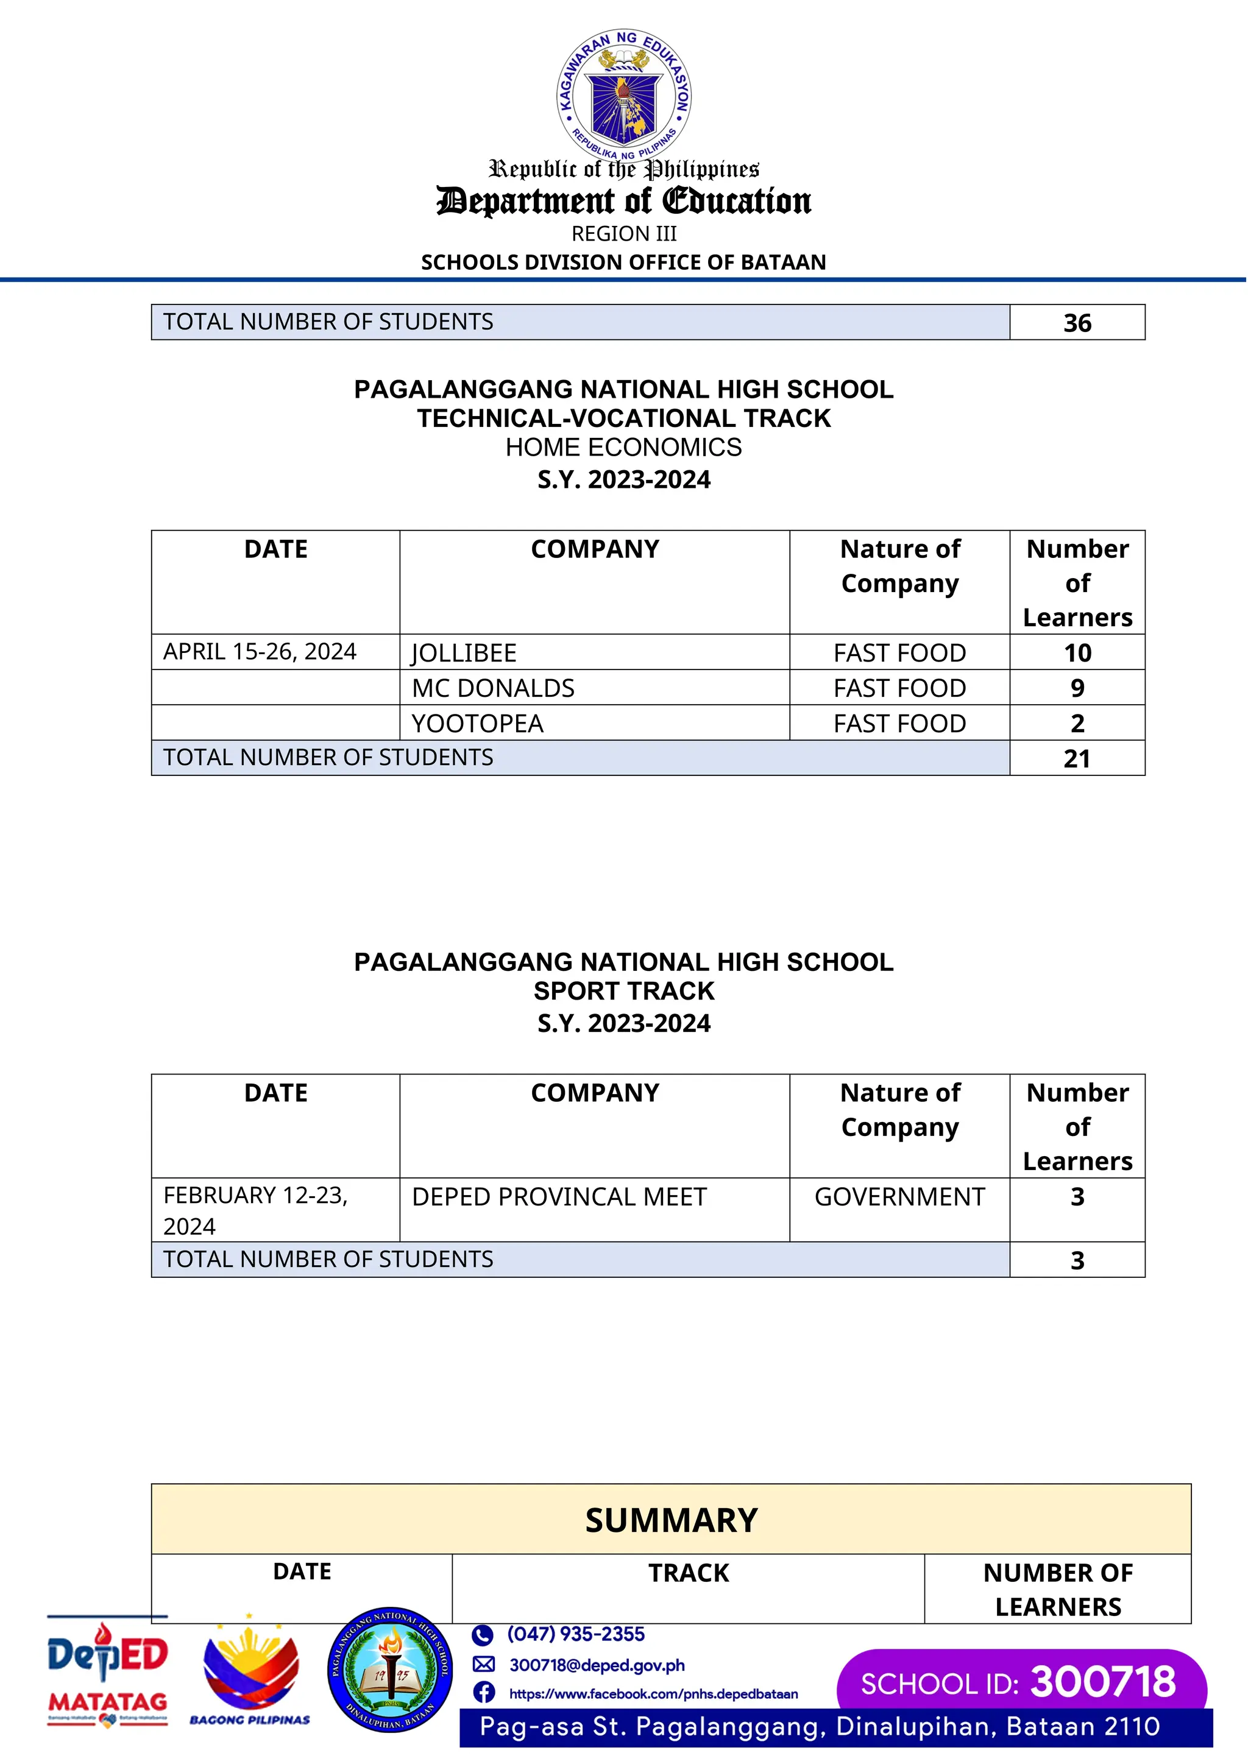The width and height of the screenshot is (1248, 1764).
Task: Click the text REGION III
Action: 624,233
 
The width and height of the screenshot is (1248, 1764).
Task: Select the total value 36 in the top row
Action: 1077,323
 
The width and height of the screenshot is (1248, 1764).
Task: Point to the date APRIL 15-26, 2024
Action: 260,652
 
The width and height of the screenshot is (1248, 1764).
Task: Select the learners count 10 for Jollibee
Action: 1077,653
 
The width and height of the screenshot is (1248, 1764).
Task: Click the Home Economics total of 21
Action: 1077,759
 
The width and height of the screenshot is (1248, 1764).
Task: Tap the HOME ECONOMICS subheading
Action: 624,447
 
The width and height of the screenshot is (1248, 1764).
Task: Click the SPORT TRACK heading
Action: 624,991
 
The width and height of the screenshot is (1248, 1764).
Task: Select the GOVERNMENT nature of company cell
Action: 899,1197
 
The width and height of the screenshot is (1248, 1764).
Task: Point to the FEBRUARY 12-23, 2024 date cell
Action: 255,1210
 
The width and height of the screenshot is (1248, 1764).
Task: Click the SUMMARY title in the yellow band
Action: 671,1520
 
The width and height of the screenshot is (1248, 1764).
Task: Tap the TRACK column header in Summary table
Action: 688,1573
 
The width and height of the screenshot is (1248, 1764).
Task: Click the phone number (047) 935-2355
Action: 576,1634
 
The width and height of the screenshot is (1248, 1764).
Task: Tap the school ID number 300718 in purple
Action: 1103,1682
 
